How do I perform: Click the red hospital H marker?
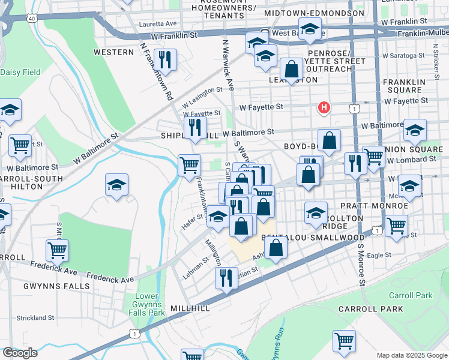(x=324, y=107)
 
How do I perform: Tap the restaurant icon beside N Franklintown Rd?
(x=164, y=59)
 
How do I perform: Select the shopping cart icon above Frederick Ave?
(x=57, y=249)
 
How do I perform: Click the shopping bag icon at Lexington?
(x=291, y=68)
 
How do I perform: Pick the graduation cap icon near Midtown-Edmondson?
(x=310, y=29)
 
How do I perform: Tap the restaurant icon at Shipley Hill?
(x=194, y=127)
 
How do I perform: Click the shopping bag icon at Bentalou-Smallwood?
(x=276, y=248)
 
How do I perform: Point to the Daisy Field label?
(x=20, y=72)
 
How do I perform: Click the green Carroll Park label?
(x=410, y=296)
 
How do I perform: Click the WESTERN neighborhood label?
(x=113, y=52)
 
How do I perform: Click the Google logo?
(x=20, y=353)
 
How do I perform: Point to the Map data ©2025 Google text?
(x=411, y=355)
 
